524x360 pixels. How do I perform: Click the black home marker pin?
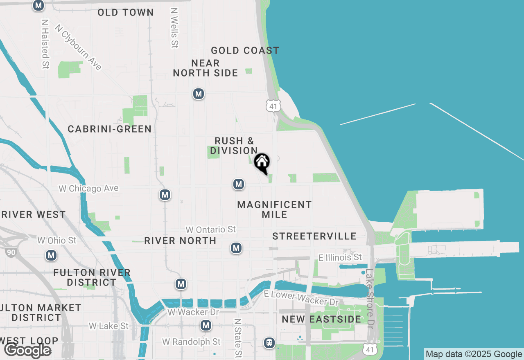click(262, 162)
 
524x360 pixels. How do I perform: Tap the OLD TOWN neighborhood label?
click(126, 13)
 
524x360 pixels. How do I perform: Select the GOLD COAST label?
click(245, 51)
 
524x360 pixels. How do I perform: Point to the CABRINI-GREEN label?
click(110, 129)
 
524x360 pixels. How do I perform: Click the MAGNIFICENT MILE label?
click(274, 209)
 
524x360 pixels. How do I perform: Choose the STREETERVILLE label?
click(314, 236)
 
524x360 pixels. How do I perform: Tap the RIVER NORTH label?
click(180, 241)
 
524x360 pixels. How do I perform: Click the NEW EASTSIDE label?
click(321, 319)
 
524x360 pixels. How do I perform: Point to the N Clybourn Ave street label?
click(78, 47)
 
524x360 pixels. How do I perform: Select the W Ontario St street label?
click(211, 229)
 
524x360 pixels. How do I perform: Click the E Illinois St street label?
click(340, 257)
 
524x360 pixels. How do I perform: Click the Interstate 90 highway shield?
click(11, 252)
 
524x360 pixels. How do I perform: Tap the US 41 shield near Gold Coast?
click(273, 106)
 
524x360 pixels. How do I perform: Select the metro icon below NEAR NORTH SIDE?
click(199, 94)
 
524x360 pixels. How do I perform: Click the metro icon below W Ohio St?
click(51, 256)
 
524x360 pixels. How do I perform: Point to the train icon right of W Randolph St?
click(269, 342)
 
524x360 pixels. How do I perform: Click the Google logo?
click(27, 350)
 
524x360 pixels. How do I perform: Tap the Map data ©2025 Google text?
click(474, 354)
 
